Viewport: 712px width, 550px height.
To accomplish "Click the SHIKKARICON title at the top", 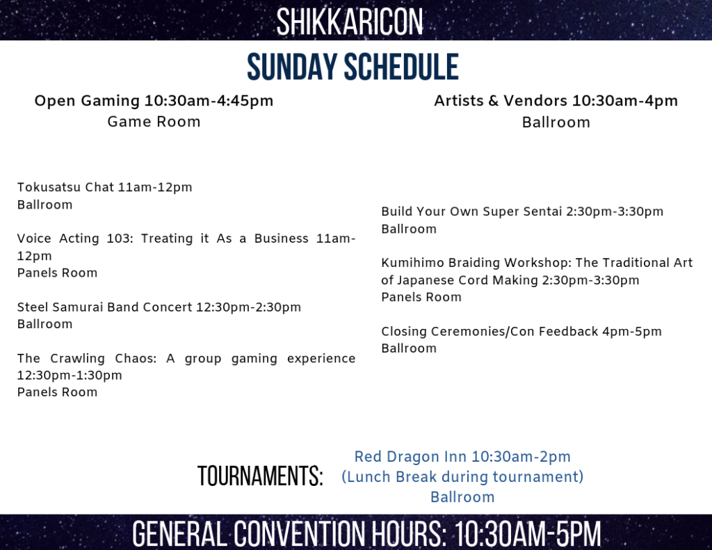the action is tap(350, 22).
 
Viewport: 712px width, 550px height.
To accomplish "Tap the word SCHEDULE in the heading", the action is tap(401, 67).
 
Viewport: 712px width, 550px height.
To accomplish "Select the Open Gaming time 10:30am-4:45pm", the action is tap(209, 101).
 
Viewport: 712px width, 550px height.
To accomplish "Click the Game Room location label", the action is tap(154, 122).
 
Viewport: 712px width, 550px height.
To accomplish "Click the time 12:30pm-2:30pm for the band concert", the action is tap(248, 307).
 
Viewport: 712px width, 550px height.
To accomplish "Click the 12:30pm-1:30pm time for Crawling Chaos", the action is tap(70, 375).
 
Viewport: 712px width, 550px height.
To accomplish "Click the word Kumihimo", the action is tap(413, 263).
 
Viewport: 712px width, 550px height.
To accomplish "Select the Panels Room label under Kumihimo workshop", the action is tap(421, 297).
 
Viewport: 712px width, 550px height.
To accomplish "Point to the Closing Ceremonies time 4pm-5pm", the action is tap(631, 332).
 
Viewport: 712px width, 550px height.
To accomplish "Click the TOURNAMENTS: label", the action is tap(260, 476).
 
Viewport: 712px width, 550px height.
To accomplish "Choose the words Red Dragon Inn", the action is tap(410, 456).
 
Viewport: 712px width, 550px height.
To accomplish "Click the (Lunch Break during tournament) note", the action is tap(462, 477).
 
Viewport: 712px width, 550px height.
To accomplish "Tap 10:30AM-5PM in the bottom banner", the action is tap(528, 533).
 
